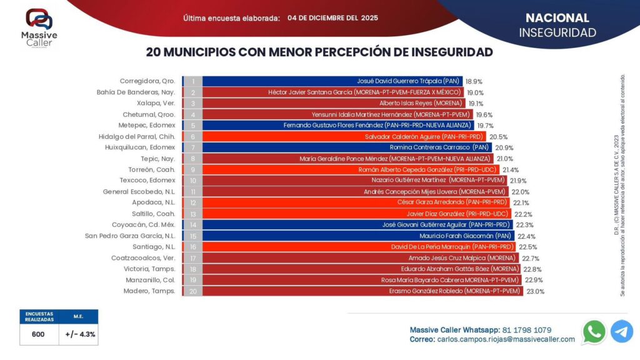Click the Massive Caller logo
click(38, 26)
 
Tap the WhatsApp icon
click(594, 332)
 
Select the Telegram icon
click(622, 332)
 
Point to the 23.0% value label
click(536, 291)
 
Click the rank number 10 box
click(193, 180)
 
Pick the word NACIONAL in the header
click(557, 18)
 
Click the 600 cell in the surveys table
click(38, 334)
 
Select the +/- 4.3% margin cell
click(80, 334)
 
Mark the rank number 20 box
click(193, 291)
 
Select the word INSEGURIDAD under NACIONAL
click(557, 33)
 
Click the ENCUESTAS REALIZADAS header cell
click(38, 316)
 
